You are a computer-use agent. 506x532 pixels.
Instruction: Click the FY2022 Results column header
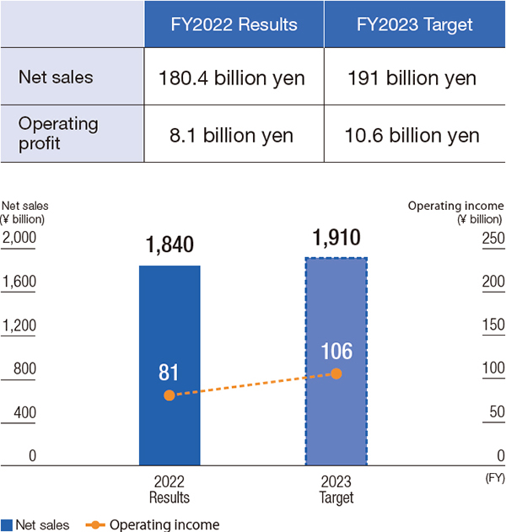233,24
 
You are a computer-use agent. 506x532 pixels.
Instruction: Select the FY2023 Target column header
414,24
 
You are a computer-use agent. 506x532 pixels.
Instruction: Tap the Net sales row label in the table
56,78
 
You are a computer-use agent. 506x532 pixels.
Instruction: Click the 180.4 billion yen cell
233,79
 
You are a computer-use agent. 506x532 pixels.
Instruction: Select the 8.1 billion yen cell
233,135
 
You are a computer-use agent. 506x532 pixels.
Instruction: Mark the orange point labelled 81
170,395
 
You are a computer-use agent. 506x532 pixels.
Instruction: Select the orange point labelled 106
336,373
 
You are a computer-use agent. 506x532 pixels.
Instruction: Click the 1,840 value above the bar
170,245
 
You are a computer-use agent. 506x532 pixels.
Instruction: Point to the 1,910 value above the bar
336,237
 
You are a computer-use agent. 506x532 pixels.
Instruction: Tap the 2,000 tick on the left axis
19,239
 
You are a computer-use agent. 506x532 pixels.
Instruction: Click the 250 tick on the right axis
493,239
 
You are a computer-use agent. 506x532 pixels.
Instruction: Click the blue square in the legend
7,524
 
